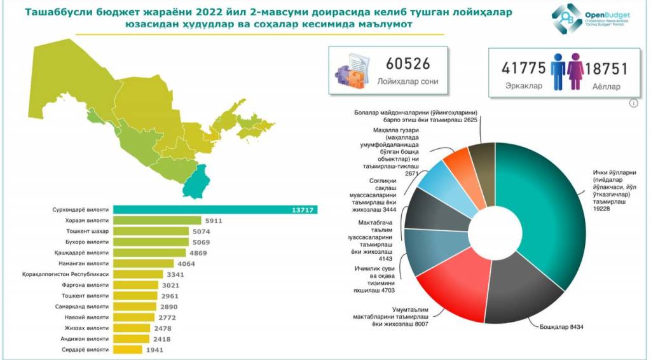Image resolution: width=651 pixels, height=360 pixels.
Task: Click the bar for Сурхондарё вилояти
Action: coord(216,210)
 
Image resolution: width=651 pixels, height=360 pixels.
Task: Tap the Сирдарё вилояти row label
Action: coord(85,350)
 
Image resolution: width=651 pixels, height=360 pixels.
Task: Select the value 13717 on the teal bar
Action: coord(304,210)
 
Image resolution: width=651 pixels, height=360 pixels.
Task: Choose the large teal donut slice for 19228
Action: coord(547,210)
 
